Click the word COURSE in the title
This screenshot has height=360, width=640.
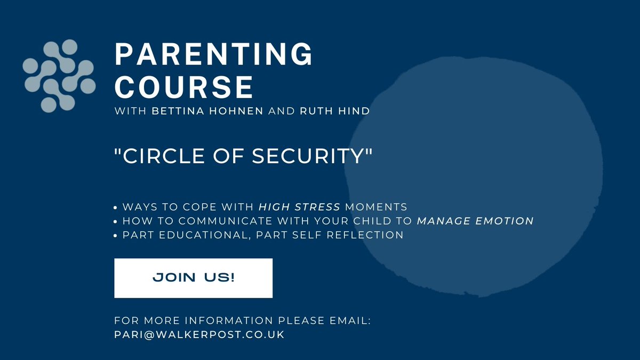point(184,86)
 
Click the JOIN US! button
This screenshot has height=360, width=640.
point(193,278)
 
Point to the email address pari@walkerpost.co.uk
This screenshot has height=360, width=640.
point(199,335)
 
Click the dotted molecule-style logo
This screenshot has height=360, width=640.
point(59,75)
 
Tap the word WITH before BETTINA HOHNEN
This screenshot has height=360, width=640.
point(125,112)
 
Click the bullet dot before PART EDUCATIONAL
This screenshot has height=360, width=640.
point(117,235)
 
